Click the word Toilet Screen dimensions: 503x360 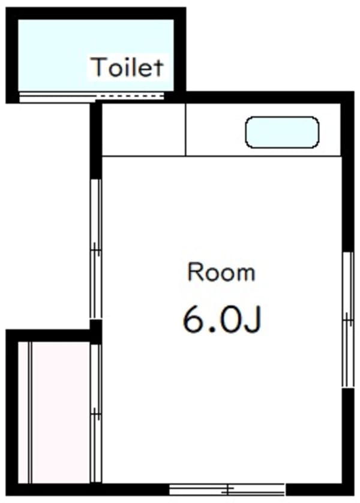[126, 67]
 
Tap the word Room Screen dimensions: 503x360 [221, 273]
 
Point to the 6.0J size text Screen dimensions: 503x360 [221, 320]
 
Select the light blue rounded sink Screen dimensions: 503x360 [281, 132]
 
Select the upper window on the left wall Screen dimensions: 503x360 [95, 248]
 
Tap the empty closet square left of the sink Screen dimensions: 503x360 [143, 130]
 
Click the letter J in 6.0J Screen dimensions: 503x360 [253, 321]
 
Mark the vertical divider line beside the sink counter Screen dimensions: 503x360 [185, 130]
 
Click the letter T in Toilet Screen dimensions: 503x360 [97, 67]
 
